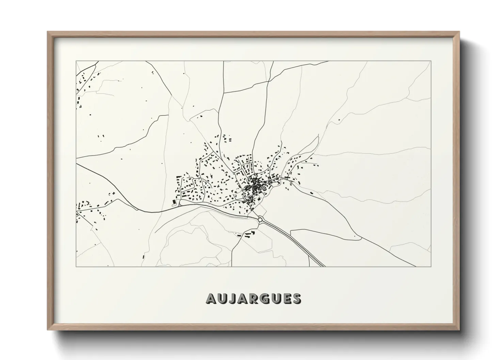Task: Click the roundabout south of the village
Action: pos(261,220)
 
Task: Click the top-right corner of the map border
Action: pos(431,61)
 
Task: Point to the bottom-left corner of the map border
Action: pos(76,266)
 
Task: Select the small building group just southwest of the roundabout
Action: pos(246,234)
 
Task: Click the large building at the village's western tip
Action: pos(175,202)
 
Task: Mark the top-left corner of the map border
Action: pos(76,61)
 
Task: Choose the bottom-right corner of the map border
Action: pos(431,266)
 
